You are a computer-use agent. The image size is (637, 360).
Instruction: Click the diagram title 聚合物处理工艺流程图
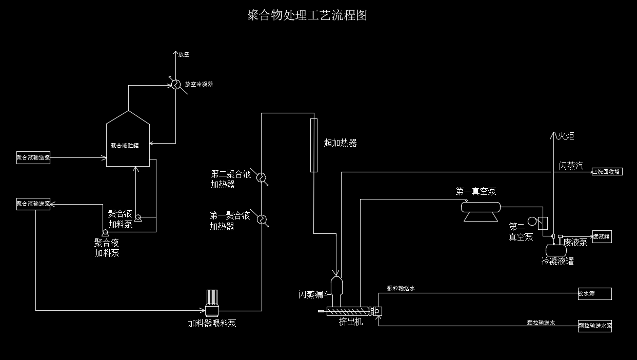point(307,15)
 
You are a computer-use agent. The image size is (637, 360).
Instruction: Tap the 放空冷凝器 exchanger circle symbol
point(175,84)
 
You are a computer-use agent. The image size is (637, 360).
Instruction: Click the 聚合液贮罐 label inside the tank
point(125,146)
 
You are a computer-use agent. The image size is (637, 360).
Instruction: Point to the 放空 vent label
point(184,54)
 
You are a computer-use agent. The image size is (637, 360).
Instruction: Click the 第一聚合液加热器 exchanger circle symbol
point(261,219)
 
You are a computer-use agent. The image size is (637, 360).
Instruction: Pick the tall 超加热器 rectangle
point(314,145)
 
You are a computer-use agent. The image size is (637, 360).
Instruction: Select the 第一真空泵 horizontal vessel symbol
point(480,207)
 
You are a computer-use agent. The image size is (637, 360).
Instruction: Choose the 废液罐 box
point(602,236)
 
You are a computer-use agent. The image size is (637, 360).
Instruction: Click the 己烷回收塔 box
point(607,172)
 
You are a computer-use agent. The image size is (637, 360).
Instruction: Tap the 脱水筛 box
point(594,294)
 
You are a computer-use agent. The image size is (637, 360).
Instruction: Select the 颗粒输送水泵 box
point(594,326)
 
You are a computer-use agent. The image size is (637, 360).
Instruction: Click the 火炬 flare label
point(566,136)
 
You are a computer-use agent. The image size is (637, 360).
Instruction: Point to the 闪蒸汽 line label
point(571,166)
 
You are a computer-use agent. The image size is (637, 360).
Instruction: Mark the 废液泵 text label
point(575,242)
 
